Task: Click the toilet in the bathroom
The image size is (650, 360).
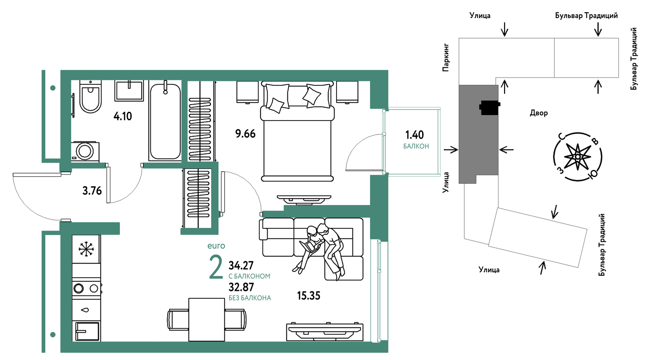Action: (x=90, y=96)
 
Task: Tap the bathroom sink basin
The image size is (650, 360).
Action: (x=129, y=90)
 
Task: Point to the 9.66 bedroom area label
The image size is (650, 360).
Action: (x=245, y=134)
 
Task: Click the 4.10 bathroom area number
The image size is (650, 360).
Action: (x=123, y=116)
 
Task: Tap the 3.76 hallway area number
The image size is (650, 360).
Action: (x=92, y=191)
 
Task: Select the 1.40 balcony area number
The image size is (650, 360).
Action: (x=414, y=135)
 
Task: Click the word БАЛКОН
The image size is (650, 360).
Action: (x=416, y=146)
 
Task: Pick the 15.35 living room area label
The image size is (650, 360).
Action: (x=309, y=296)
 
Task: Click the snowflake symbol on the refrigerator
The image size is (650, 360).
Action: (x=86, y=249)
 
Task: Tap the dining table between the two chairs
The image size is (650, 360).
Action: (x=207, y=320)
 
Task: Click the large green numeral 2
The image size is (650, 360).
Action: (x=216, y=267)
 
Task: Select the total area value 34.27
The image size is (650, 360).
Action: (x=241, y=265)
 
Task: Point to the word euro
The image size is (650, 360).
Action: (x=216, y=246)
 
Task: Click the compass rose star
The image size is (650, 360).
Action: (x=578, y=156)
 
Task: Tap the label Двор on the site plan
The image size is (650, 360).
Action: (x=539, y=113)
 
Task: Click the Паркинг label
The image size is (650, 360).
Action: (x=446, y=57)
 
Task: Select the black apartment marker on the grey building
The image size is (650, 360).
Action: (x=489, y=108)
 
